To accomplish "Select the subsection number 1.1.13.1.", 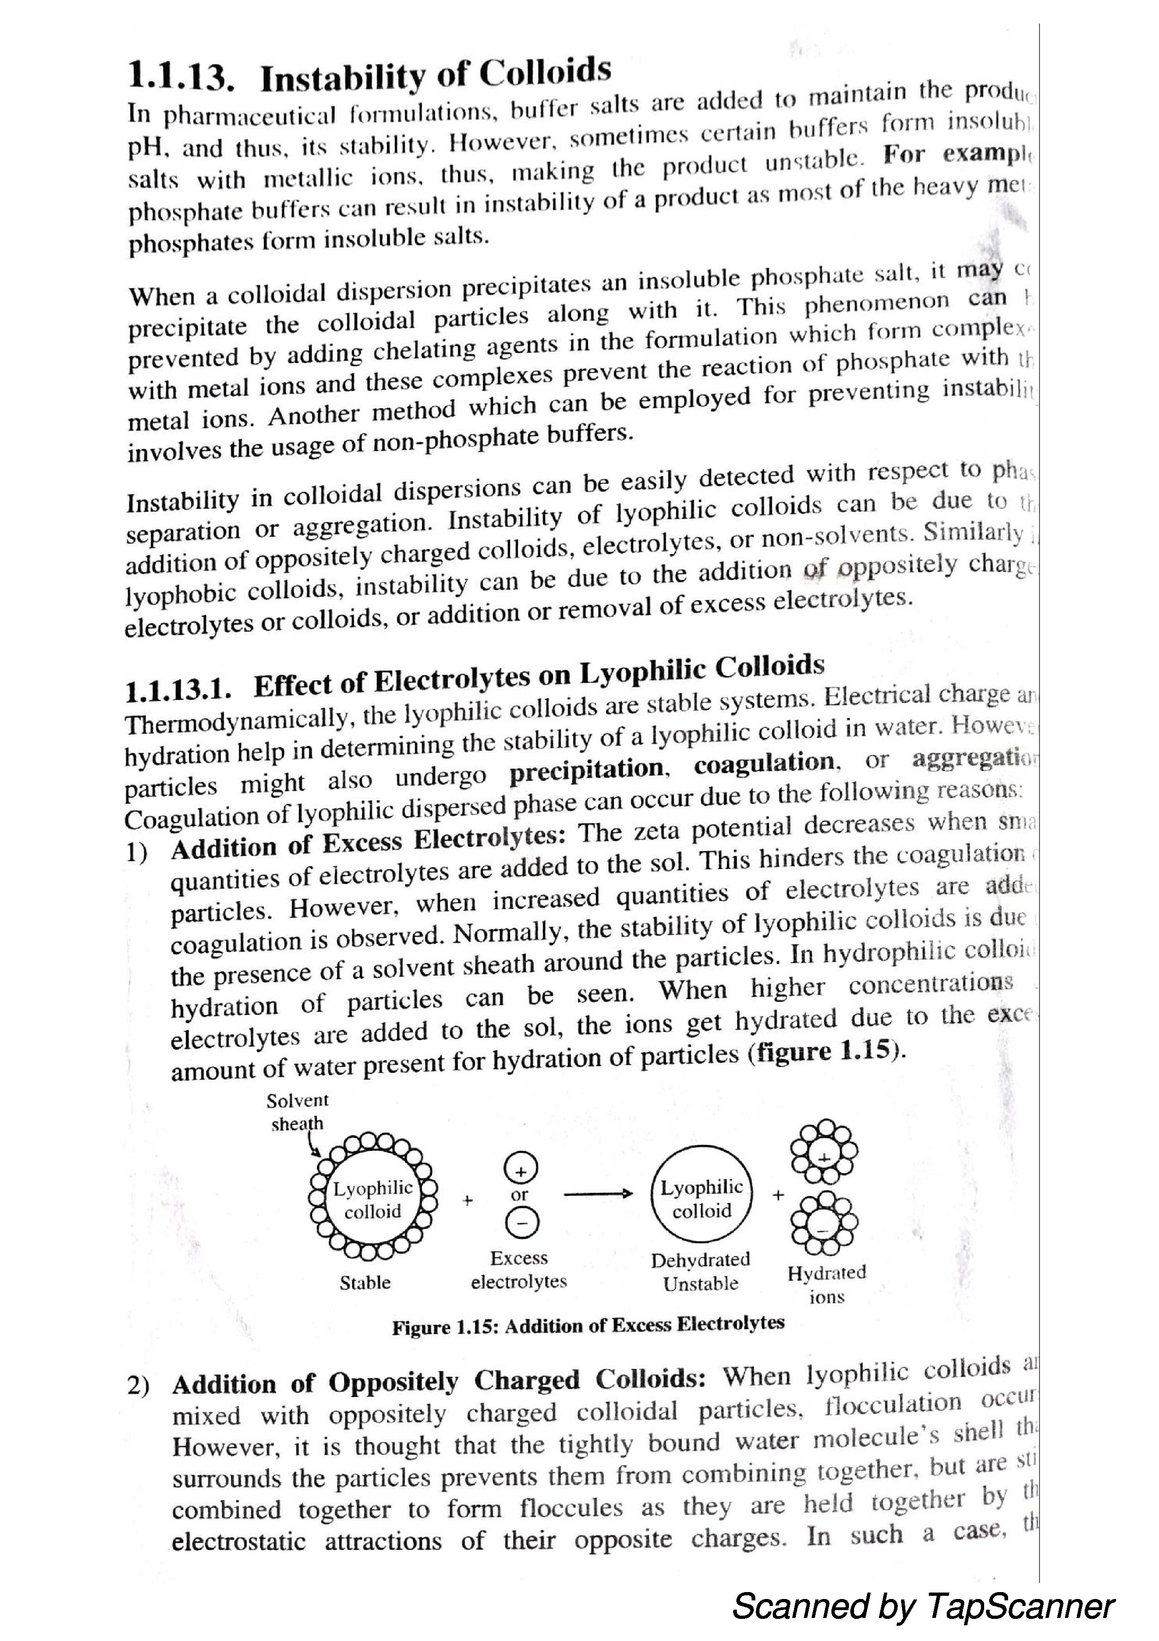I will tap(178, 690).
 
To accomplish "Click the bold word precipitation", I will tap(586, 770).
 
